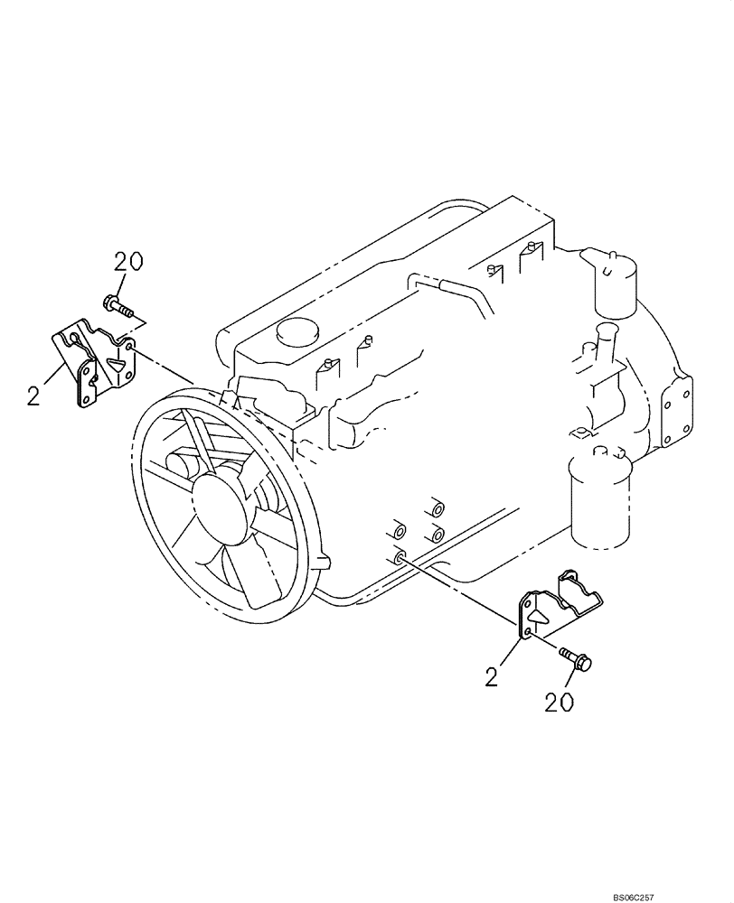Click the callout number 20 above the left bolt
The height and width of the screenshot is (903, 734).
[128, 262]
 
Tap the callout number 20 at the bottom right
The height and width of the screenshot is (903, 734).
[560, 702]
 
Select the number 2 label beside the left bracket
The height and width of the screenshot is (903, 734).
[33, 395]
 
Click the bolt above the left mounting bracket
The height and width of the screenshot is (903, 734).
[118, 306]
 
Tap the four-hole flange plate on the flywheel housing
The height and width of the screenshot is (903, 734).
[679, 411]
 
